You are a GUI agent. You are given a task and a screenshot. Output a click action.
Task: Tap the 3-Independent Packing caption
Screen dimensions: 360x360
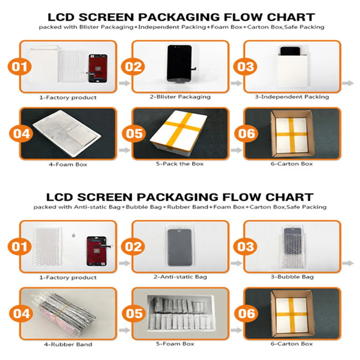(292, 97)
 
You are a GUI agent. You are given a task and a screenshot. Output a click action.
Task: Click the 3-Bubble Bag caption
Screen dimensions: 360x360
(292, 277)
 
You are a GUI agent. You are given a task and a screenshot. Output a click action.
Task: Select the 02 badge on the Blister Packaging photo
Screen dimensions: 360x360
(133, 67)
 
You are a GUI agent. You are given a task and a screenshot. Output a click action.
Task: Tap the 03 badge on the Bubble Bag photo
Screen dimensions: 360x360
(246, 247)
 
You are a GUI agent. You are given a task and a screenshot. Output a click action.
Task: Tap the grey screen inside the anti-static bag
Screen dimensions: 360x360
(179, 247)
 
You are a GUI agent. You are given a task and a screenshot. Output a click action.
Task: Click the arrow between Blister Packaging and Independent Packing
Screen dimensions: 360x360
(236, 83)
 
